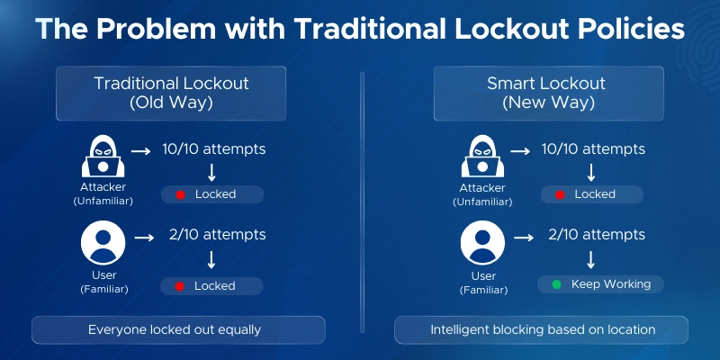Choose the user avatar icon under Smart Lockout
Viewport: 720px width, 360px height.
(x=482, y=245)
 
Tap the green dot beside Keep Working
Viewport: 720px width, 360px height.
(x=555, y=284)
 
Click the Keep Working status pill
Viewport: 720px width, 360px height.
(x=600, y=284)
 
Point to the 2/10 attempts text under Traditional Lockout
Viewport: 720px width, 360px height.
(x=217, y=235)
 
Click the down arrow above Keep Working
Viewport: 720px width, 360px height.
(x=592, y=260)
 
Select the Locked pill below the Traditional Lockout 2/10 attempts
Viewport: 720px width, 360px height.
(x=212, y=286)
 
